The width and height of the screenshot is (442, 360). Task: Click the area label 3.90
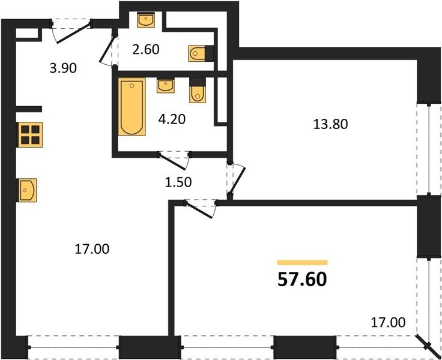[x=63, y=68]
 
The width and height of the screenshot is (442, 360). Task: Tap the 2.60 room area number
[x=146, y=50]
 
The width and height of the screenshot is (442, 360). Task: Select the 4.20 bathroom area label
[x=172, y=119]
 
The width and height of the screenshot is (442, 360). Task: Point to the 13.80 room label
[x=330, y=124]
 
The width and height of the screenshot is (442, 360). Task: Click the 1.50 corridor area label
[x=178, y=182]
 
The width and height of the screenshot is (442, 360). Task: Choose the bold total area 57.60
[x=302, y=280]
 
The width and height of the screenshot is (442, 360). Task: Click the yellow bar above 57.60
[x=302, y=263]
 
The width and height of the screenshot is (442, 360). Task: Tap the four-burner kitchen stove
[x=30, y=134]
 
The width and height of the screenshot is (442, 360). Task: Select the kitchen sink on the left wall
[x=28, y=190]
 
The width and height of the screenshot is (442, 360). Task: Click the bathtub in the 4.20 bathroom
[x=132, y=107]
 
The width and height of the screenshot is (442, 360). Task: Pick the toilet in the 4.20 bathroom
[x=198, y=91]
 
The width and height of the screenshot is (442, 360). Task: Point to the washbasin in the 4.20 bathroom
[x=166, y=86]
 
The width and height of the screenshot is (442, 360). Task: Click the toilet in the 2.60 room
[x=201, y=53]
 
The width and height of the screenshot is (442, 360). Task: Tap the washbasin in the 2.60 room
[x=146, y=20]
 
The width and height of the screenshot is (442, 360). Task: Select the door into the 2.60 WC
[x=109, y=50]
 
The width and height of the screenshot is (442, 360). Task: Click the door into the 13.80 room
[x=236, y=179]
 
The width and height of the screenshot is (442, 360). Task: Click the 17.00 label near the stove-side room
[x=92, y=249]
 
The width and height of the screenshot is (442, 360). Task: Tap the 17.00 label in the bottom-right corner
[x=388, y=322]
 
